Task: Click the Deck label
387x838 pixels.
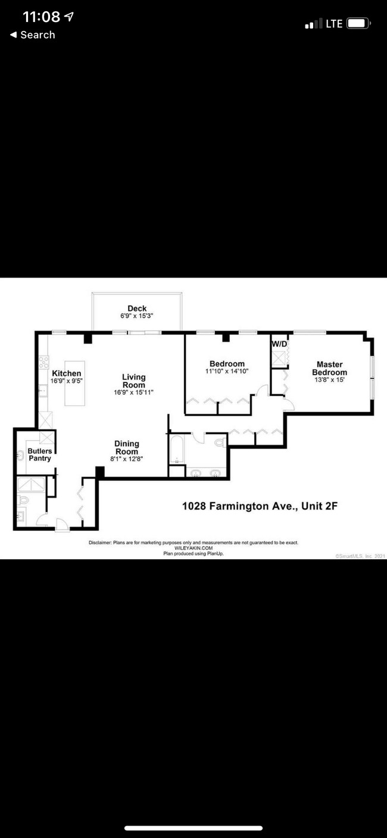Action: [137, 309]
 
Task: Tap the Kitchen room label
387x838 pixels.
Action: [66, 373]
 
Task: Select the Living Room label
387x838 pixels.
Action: [133, 381]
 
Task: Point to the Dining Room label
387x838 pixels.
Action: [127, 447]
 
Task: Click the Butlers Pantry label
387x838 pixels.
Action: [39, 454]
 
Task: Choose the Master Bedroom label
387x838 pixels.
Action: [329, 368]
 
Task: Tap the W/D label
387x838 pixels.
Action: [279, 344]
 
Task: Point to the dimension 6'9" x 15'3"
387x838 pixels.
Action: [137, 316]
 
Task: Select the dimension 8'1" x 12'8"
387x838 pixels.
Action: [127, 459]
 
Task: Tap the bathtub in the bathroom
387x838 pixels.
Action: [177, 450]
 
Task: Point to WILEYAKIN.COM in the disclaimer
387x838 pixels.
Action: [193, 548]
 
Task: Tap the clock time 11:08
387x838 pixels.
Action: [41, 17]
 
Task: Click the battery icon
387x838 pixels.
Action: [358, 24]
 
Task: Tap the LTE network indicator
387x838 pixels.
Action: [334, 24]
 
